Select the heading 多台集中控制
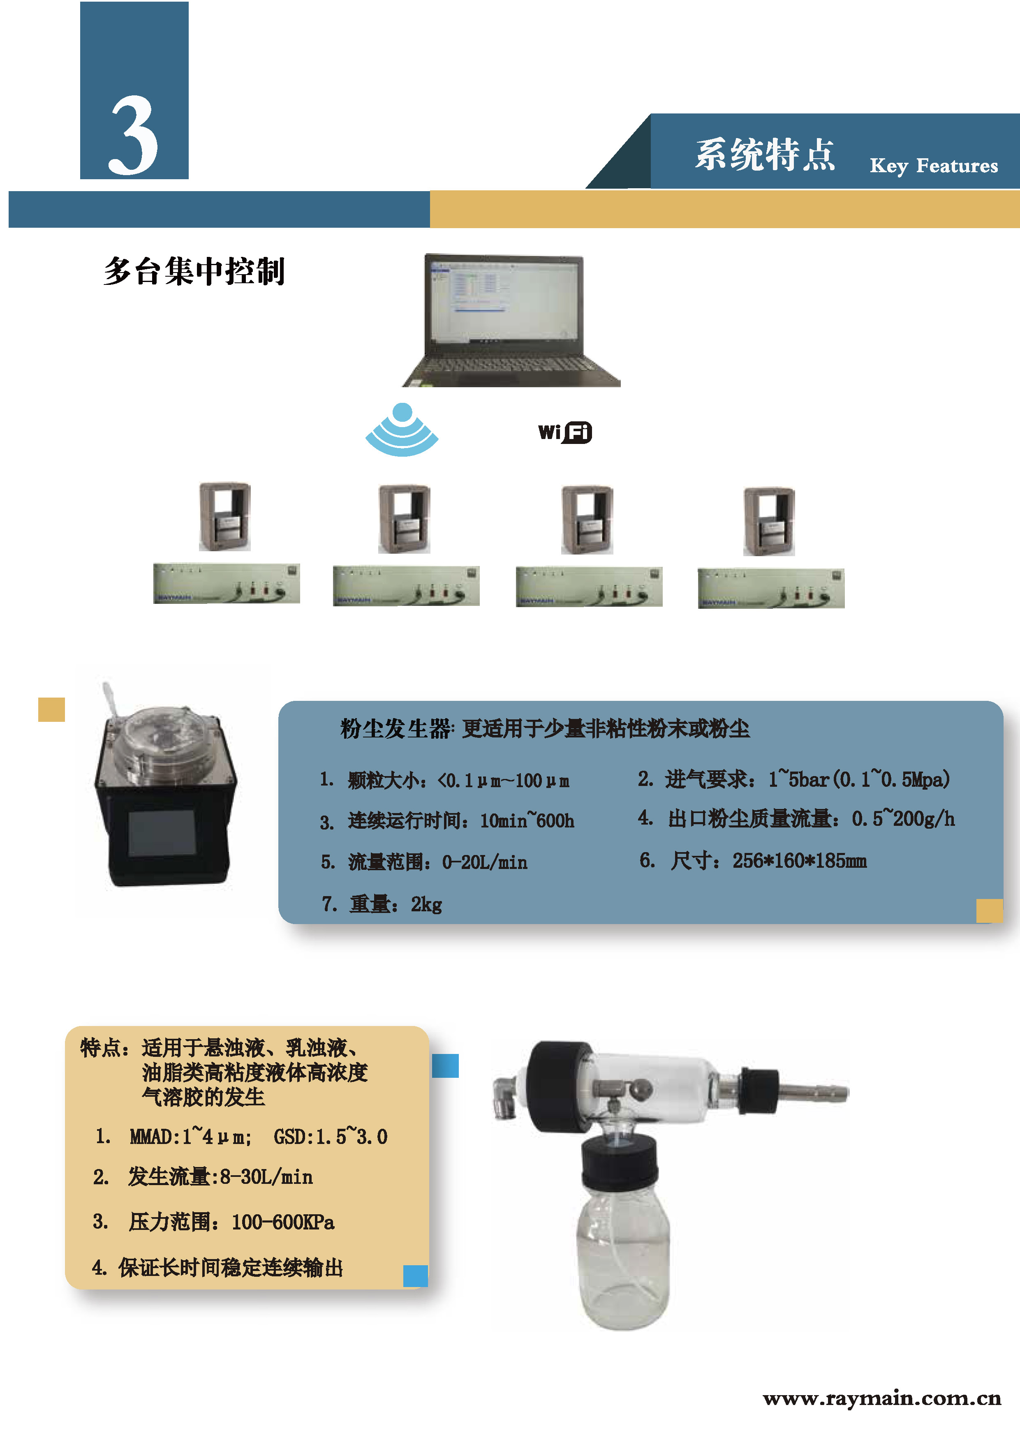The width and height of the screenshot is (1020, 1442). click(x=194, y=271)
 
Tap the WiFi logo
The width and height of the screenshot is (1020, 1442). click(x=564, y=432)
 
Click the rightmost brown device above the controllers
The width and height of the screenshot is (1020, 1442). click(x=769, y=521)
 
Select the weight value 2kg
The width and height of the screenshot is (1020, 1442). click(x=426, y=904)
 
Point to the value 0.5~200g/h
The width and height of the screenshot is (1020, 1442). click(x=903, y=819)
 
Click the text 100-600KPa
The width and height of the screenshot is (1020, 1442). click(x=283, y=1222)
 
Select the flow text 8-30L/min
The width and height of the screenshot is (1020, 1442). click(x=266, y=1177)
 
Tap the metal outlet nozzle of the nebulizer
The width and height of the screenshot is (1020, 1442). click(x=813, y=1093)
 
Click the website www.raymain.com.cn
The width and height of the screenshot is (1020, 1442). click(x=882, y=1399)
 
